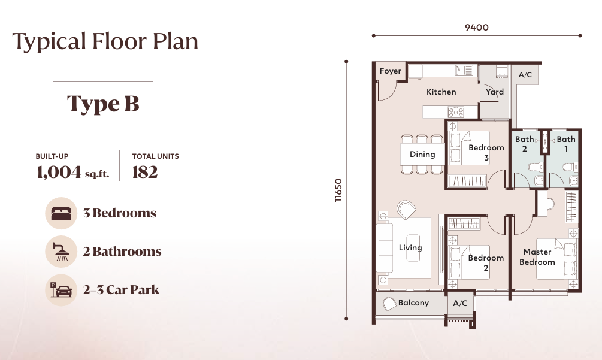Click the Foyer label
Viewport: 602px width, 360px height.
coord(391,71)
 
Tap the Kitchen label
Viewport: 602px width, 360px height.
coord(441,92)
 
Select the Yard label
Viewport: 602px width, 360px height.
coord(494,92)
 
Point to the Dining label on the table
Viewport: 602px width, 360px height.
coord(422,154)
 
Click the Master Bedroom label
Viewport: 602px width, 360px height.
coord(537,257)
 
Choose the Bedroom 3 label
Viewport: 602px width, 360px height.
coord(486,153)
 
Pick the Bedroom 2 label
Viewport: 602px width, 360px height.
coord(486,263)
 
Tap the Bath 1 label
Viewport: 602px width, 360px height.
coord(566,144)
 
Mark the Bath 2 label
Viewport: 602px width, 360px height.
coord(524,144)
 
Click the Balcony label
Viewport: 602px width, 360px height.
coord(413,303)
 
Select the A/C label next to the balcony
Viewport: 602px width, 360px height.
coord(460,304)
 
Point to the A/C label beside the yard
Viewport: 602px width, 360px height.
coord(525,75)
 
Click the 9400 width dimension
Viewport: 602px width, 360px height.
coord(477,27)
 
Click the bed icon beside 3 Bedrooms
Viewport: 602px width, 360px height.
coord(61,213)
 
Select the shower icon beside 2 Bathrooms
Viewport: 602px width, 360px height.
coord(61,252)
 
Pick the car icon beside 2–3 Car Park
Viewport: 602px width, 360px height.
coord(61,290)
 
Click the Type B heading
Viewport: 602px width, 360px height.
coord(103,104)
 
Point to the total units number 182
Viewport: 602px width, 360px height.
coord(144,173)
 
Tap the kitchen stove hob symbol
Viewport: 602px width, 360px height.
coord(456,111)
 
